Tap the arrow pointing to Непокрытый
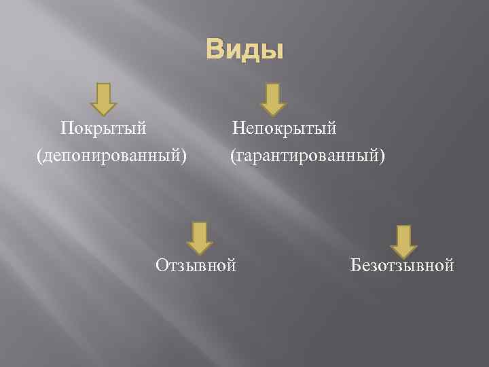coord(272,99)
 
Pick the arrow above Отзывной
coord(199,238)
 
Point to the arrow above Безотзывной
coord(403,241)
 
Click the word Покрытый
coord(103,128)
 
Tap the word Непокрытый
coord(285,128)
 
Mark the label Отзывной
coord(196,264)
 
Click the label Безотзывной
coord(402,264)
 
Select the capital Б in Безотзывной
coord(355,264)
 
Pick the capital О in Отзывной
coord(162,264)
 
